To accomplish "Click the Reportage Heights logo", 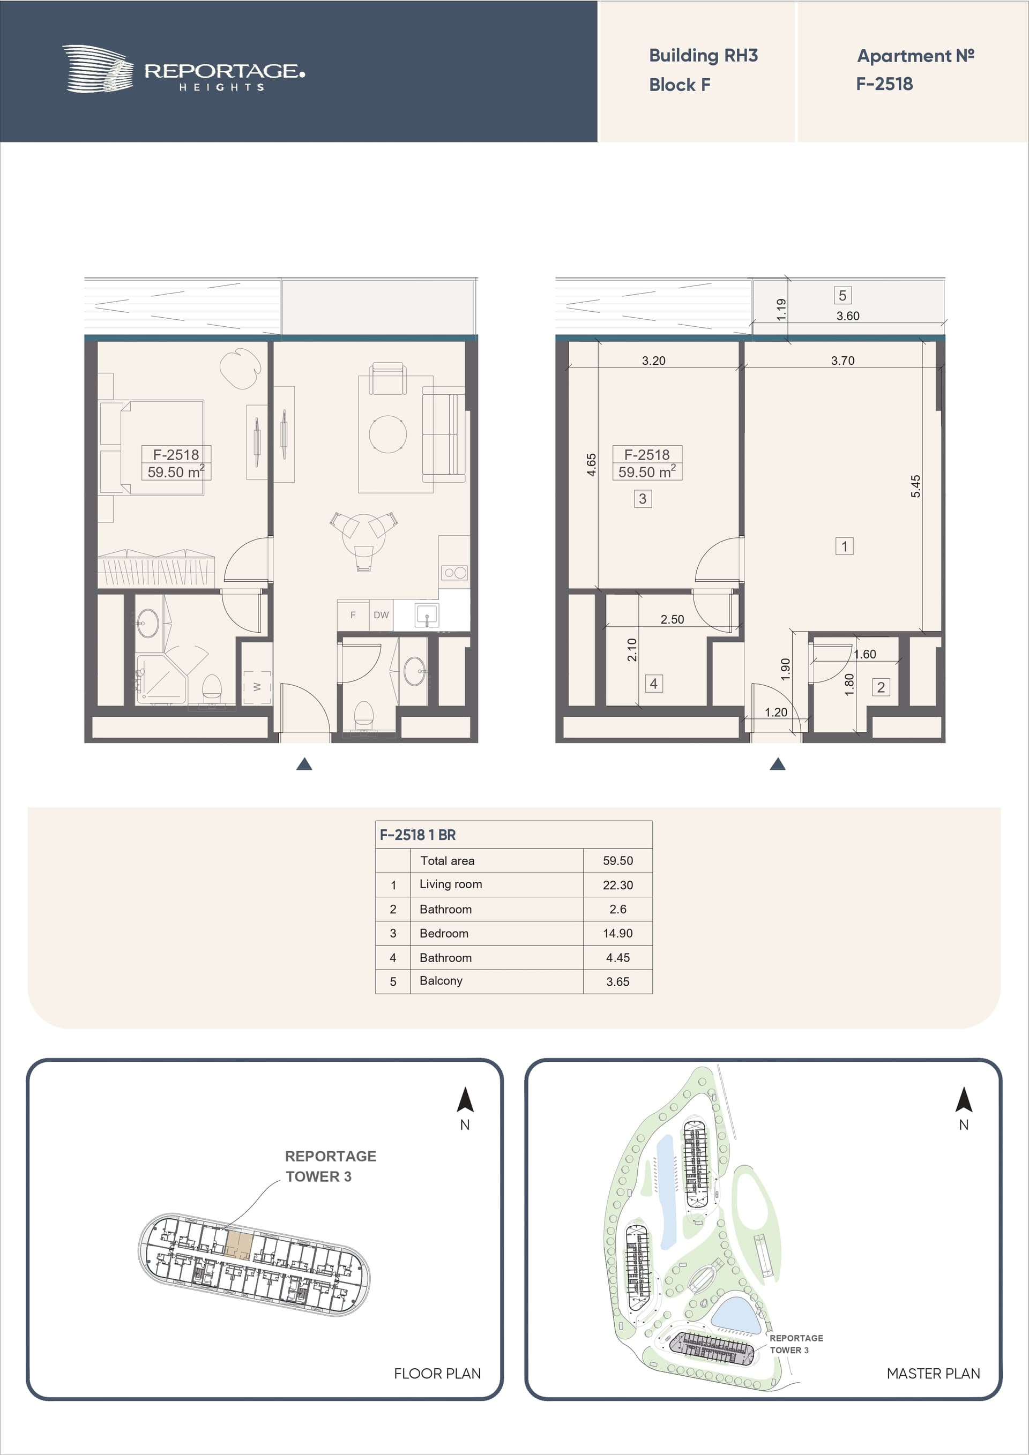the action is pos(183,69).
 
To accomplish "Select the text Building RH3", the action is pos(703,56).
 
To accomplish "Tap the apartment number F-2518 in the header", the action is pos(884,84).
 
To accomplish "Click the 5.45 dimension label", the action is pos(915,486).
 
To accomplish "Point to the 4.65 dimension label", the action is pos(592,464).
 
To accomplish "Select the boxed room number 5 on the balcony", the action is pos(842,295).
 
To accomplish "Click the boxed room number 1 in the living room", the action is pos(844,546).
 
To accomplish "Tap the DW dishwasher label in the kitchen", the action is pos(381,614).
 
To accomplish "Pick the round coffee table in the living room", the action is pos(388,433).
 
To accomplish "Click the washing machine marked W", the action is pos(257,686).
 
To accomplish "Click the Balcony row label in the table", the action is pos(441,980).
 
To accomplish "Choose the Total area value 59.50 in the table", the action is pos(617,860).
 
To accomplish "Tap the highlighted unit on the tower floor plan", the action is pos(239,1244).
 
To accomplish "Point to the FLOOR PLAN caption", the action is pos(437,1373).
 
